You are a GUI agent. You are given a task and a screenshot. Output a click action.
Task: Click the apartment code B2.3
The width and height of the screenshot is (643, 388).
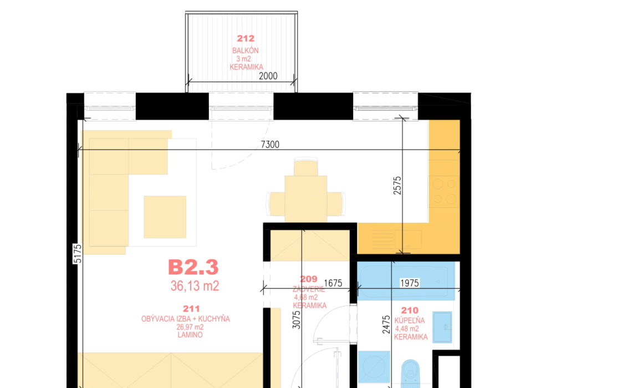[x=193, y=267]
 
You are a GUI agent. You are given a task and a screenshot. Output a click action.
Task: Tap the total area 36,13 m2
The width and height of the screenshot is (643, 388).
[x=195, y=285]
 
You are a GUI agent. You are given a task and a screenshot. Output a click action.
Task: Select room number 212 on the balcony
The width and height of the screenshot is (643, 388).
[x=246, y=39]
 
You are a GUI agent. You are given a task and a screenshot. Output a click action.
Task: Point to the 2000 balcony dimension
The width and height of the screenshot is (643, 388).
[x=268, y=76]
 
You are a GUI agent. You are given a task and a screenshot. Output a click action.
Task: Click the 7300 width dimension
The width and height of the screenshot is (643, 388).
[x=270, y=144]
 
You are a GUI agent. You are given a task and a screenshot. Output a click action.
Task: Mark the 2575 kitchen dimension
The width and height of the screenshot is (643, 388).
[x=397, y=185]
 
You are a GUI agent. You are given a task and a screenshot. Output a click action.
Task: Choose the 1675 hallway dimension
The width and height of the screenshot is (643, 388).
[x=333, y=283]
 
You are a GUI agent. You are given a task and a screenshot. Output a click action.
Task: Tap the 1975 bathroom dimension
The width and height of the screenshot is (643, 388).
[x=409, y=283]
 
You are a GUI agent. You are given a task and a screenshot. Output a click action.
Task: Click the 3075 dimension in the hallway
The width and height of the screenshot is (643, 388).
[x=297, y=320]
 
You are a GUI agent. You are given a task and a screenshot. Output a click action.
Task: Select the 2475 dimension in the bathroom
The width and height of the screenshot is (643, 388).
[x=386, y=324]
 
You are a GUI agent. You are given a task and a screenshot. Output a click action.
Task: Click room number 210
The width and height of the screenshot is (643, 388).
[x=410, y=310]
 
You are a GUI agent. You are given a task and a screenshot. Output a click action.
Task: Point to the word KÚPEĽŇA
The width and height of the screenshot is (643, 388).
[x=410, y=320]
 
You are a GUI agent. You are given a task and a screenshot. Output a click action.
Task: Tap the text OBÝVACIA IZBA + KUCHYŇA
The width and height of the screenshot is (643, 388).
[x=185, y=319]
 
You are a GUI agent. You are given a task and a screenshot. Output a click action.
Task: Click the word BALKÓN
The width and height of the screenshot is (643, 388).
[x=246, y=51]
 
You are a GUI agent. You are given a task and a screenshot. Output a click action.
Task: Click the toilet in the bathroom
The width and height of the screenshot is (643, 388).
[x=410, y=374]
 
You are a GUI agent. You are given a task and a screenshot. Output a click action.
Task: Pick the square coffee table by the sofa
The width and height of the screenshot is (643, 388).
[x=165, y=217]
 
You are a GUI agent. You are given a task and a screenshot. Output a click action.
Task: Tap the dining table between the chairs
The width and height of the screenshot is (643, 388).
[x=306, y=200]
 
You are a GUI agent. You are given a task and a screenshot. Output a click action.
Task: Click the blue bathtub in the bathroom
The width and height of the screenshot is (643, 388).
[x=406, y=281]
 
